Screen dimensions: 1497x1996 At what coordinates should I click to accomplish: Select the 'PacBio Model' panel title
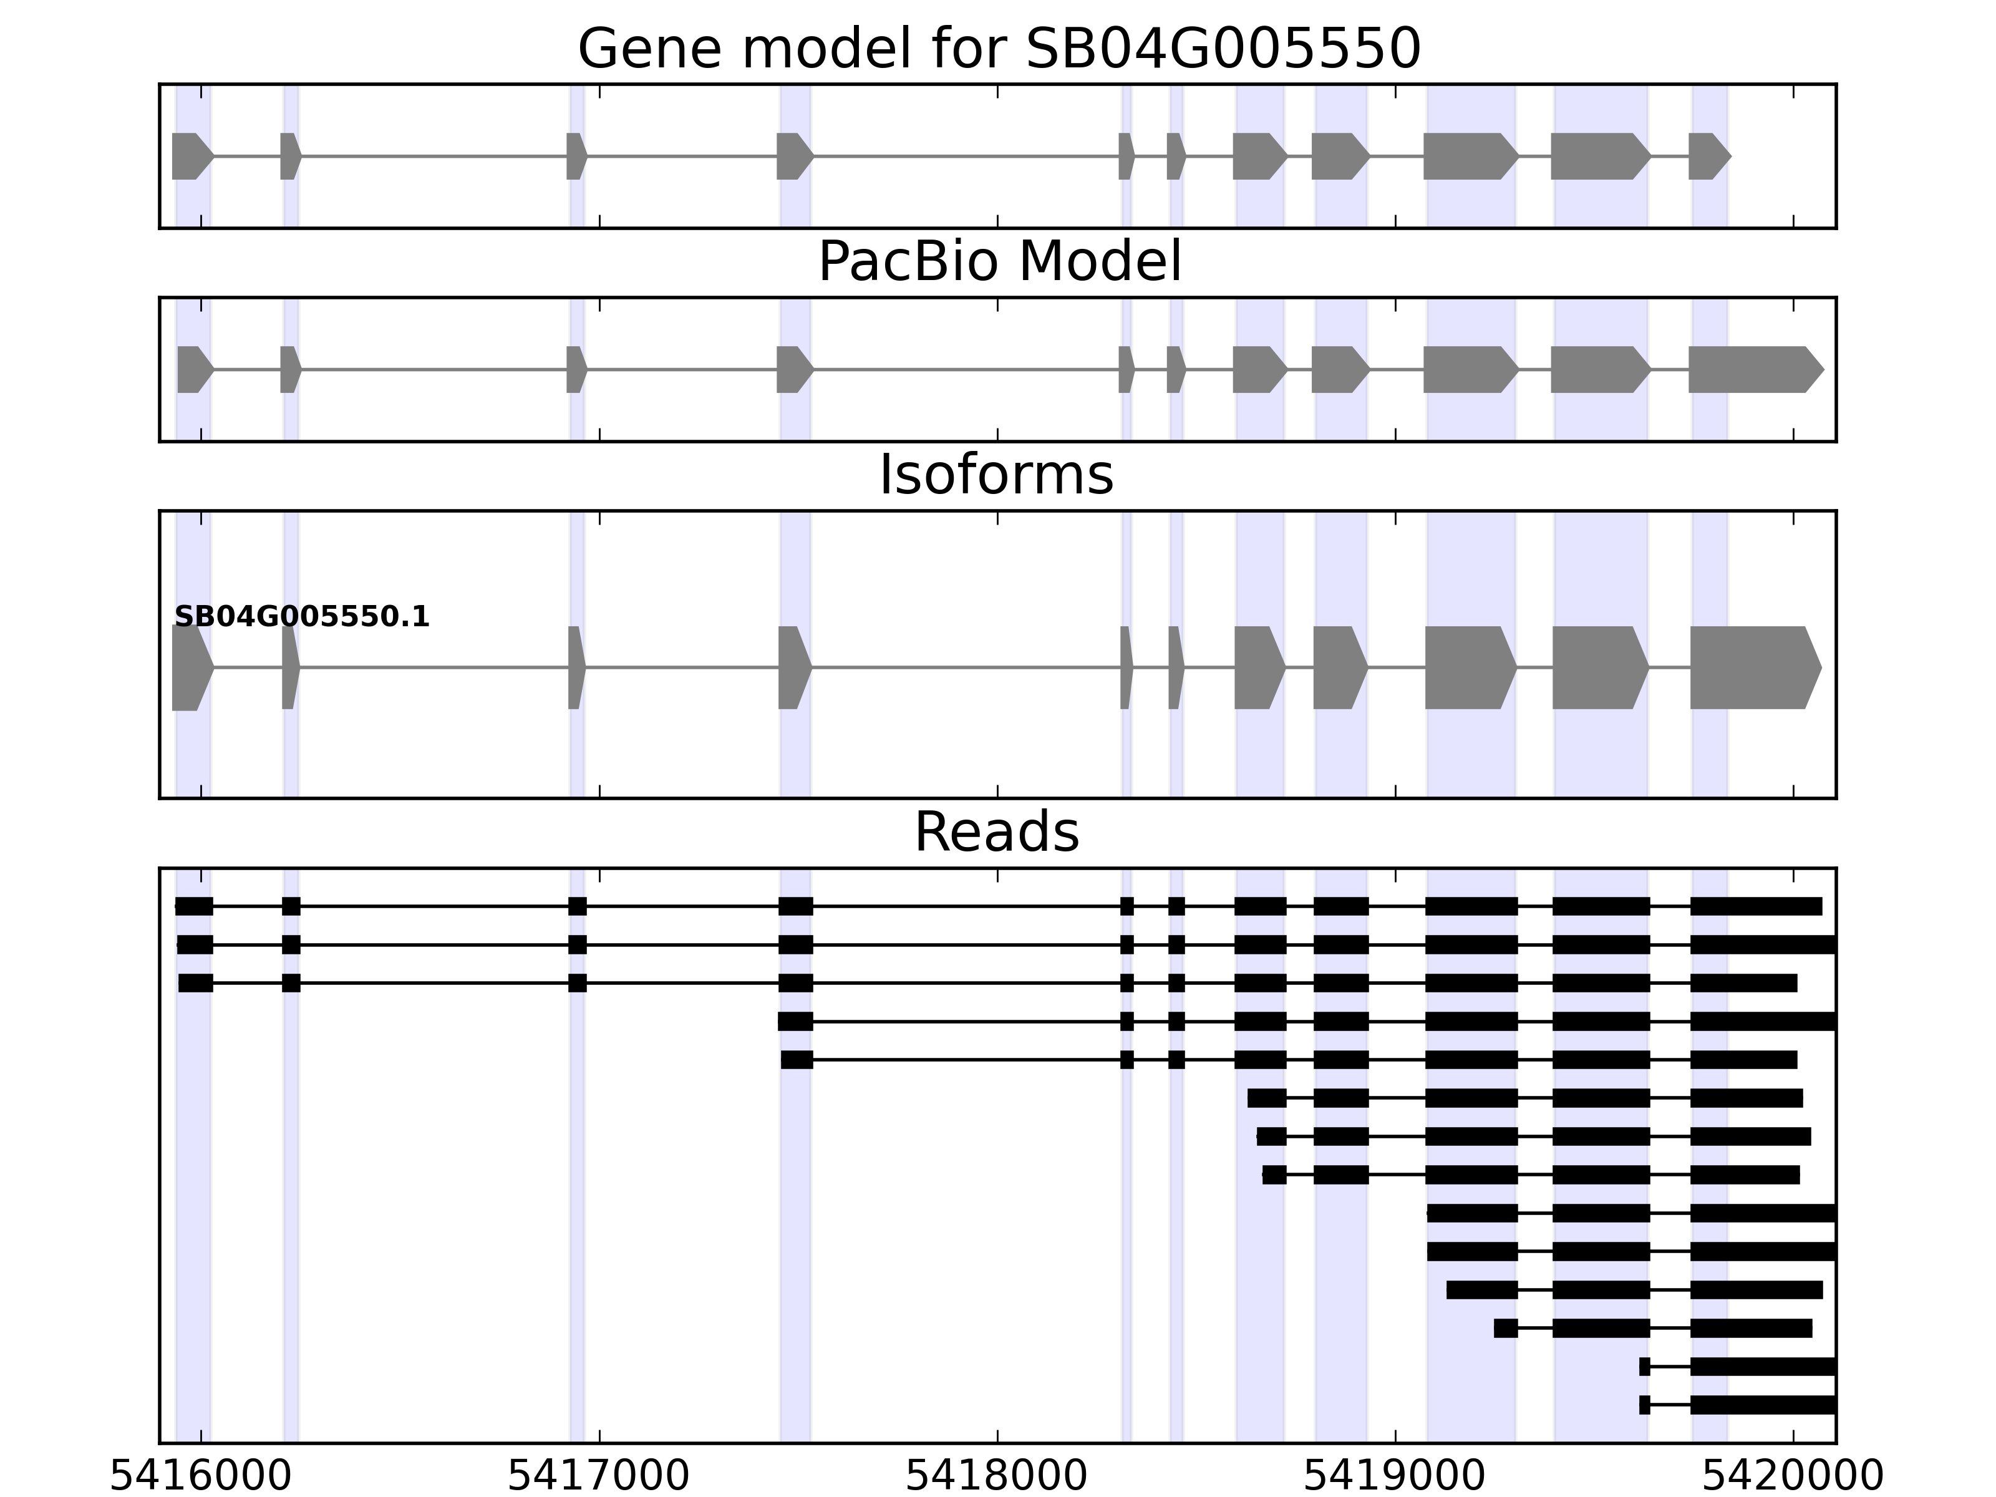tap(999, 262)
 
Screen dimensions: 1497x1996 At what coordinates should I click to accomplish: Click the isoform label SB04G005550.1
tap(301, 618)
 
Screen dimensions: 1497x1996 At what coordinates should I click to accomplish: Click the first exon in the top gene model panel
tap(190, 156)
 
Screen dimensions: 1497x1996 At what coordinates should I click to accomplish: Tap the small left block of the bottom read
tap(1644, 1405)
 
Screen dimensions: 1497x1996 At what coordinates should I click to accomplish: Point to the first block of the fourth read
tap(795, 1022)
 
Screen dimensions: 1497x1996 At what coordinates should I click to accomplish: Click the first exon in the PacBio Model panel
tap(193, 369)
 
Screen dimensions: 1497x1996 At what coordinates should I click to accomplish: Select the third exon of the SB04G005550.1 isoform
tap(576, 668)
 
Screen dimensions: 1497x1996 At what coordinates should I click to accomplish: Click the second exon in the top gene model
tap(289, 156)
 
